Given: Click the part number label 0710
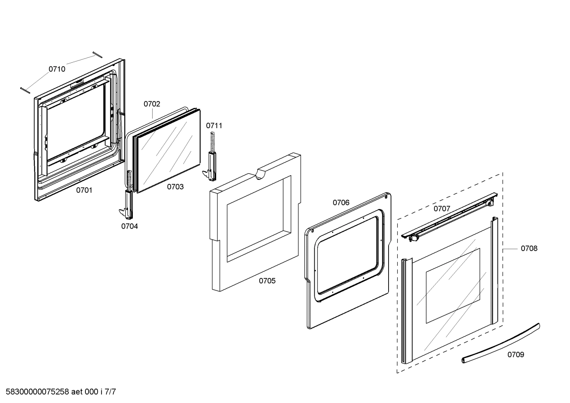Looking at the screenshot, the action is coord(57,69).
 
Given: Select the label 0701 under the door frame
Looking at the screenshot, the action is coord(84,190).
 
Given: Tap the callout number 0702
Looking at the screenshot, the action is coord(152,104).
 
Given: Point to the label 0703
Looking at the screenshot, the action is coord(175,187).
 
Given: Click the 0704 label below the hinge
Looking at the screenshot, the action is coord(130,226).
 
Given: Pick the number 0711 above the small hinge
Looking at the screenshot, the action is coord(214,126).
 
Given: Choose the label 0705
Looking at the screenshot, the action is coord(267,281).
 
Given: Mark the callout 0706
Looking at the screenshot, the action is coord(341,202).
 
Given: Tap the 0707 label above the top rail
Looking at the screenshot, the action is coord(442,208).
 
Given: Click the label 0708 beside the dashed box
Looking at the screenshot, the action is coord(529,248).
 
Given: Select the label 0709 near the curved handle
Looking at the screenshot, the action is coord(516,355).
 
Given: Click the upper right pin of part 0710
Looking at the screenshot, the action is coord(97,55).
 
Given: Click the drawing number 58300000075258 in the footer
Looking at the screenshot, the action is coord(35,392).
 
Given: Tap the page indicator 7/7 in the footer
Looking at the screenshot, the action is coord(110,392).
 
